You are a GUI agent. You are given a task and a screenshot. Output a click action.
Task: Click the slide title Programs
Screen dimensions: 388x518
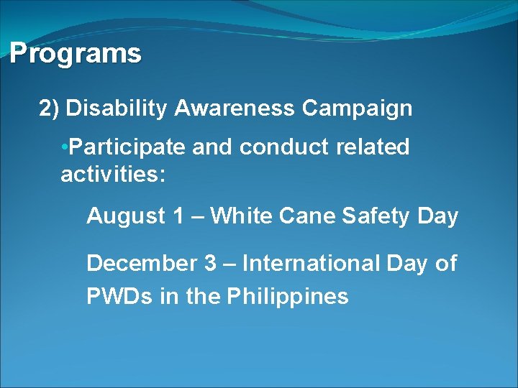76,54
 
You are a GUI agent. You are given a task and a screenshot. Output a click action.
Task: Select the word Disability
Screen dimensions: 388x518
117,108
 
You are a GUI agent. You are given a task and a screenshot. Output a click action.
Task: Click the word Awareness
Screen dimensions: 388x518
235,108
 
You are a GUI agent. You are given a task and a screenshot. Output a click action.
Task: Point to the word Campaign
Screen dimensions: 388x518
357,108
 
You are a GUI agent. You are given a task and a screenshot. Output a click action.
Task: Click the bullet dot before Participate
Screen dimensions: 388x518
65,147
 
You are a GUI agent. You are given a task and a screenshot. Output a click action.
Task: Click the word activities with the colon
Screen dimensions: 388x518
113,175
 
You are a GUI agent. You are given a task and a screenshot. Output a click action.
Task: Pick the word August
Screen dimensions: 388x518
125,216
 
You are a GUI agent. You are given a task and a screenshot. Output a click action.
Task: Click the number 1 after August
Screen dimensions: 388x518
178,216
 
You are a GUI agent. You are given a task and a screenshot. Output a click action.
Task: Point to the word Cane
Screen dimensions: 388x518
301,216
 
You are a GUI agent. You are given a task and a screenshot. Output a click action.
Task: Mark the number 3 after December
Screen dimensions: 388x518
210,264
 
